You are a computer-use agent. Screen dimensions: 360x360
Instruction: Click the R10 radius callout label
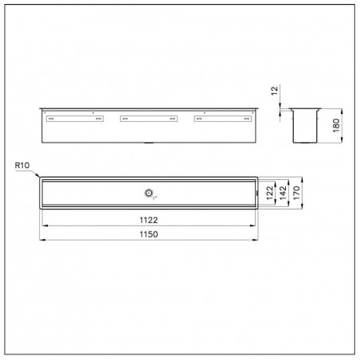[22, 166]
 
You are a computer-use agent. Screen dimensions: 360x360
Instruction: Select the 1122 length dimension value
[149, 220]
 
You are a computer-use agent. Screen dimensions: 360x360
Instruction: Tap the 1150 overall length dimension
[149, 234]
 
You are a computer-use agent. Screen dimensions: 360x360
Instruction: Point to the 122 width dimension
[269, 193]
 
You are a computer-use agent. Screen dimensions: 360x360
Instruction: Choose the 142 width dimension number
[283, 193]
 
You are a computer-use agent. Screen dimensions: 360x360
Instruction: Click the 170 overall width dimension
[296, 193]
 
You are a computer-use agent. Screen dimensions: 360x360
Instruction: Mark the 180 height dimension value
[336, 125]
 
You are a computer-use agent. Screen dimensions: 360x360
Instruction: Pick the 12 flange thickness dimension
[275, 91]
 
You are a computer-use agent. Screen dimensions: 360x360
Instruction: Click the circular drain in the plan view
[149, 193]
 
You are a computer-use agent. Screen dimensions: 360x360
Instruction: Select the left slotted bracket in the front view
[75, 119]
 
